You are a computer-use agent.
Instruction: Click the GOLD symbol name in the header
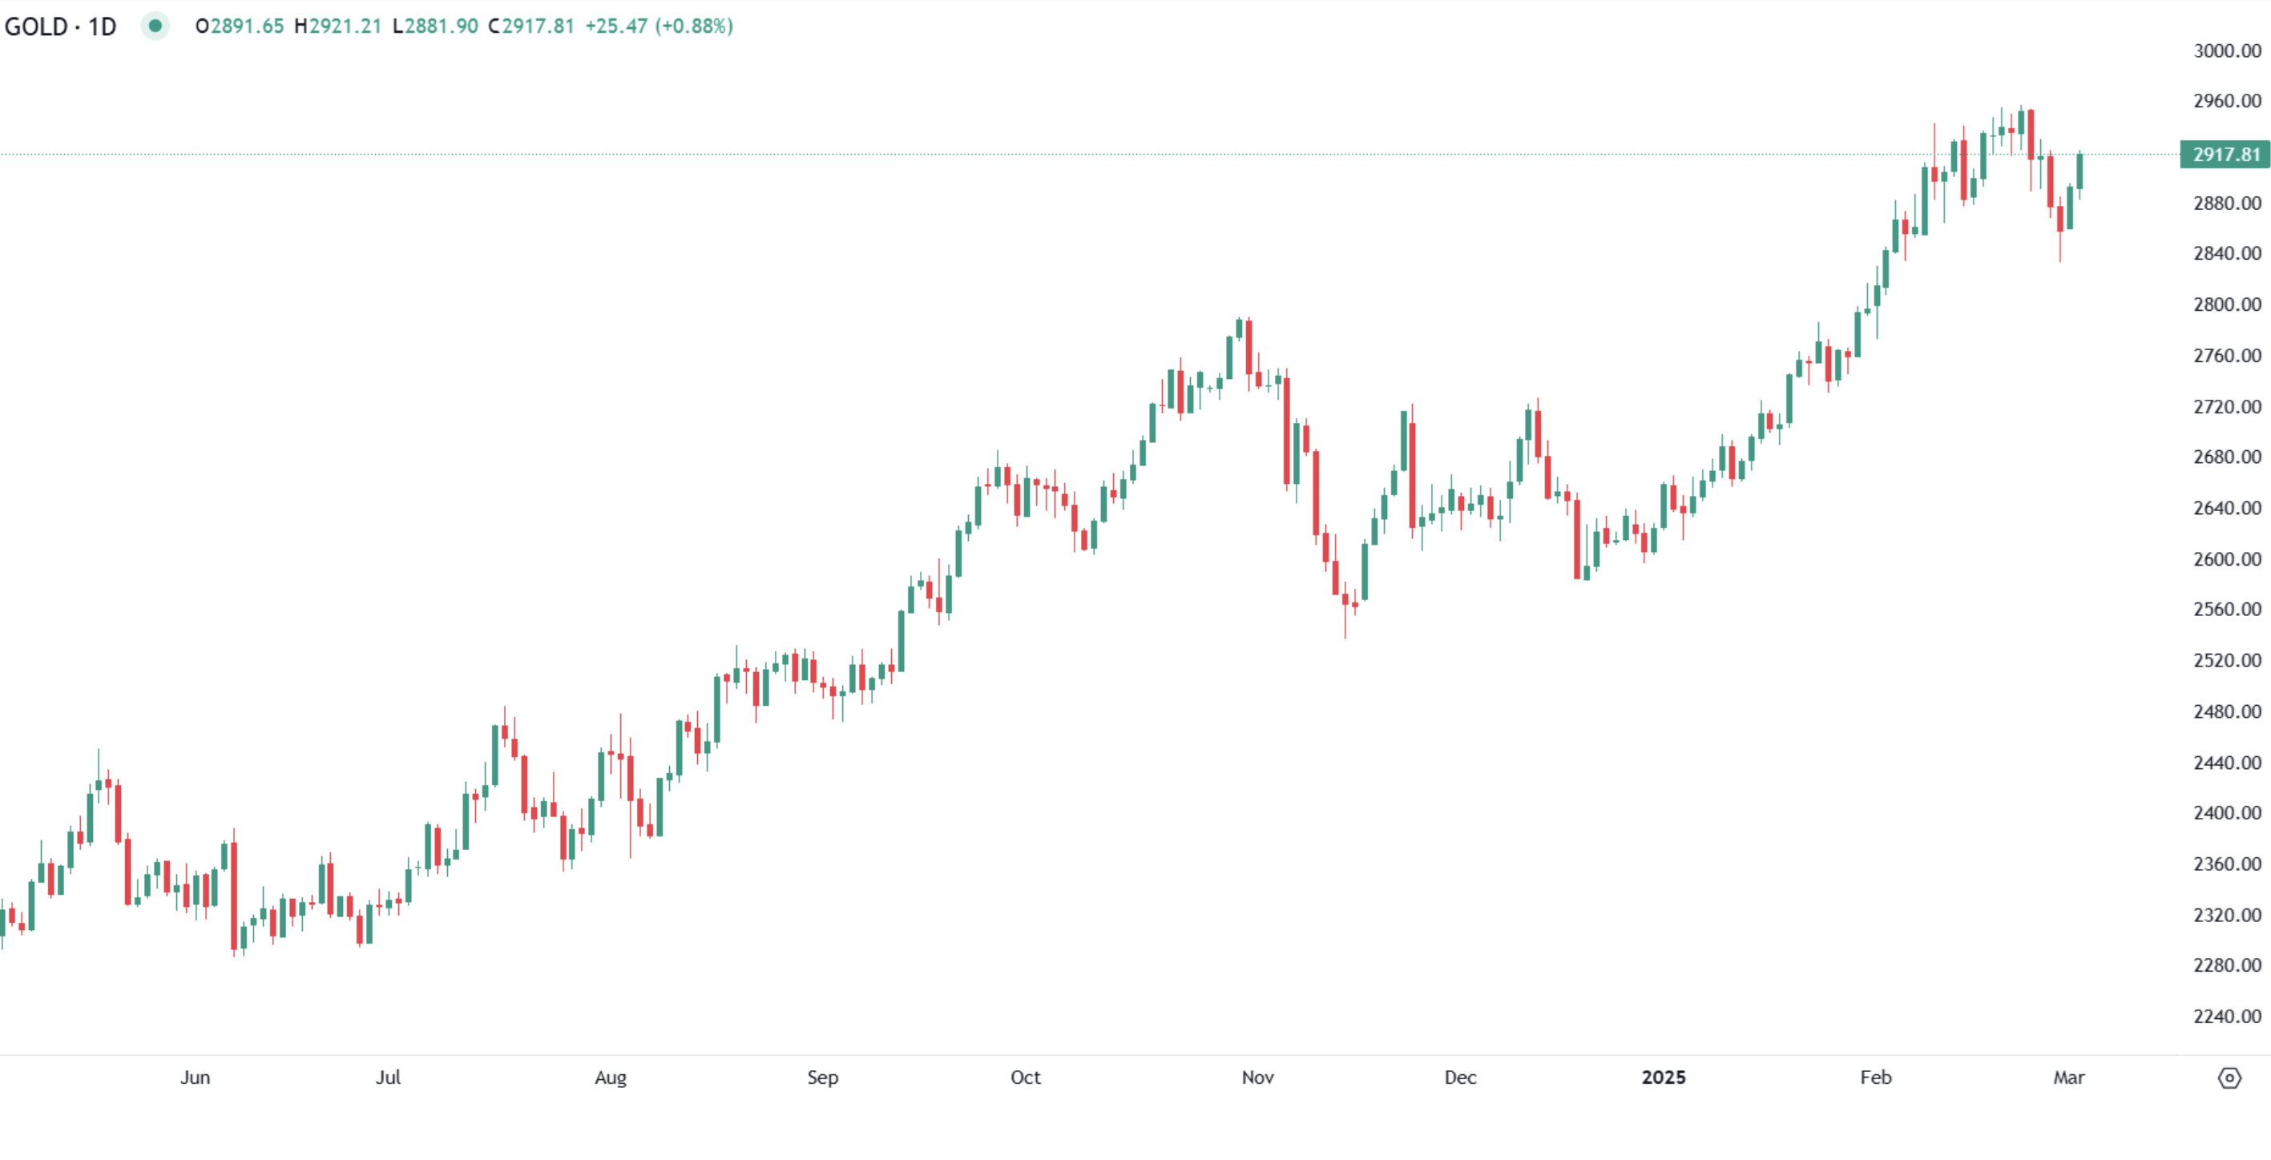(36, 26)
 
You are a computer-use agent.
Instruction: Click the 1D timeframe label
(103, 26)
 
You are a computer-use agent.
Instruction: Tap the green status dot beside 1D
(155, 26)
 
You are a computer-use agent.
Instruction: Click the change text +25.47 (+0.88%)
(659, 26)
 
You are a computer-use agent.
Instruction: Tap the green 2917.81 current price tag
(2225, 155)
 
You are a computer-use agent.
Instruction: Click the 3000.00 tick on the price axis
(2227, 51)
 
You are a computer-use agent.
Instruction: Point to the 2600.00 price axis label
(2227, 559)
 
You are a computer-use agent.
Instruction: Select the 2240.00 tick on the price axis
(2227, 1017)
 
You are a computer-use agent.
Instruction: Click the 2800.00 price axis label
(2227, 304)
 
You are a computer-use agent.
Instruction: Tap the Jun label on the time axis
(195, 1077)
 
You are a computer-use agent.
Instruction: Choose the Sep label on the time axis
(822, 1077)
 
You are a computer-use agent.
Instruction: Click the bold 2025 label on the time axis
(1663, 1077)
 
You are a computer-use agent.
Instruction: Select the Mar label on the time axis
(2068, 1077)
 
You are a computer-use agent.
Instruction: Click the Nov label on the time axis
(1257, 1077)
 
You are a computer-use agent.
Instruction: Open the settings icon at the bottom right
(2229, 1077)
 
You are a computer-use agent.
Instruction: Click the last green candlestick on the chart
(2079, 171)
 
